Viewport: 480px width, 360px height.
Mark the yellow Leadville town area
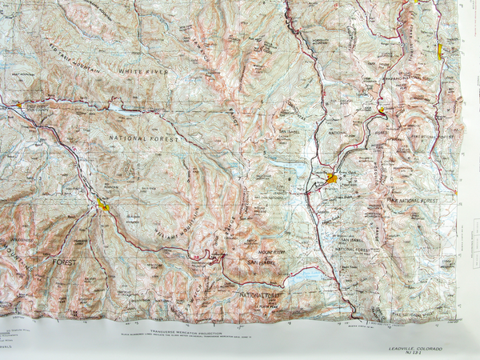pos(331,179)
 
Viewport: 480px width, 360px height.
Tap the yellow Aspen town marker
pos(104,206)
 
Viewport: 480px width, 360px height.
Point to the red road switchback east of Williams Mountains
pos(212,256)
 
